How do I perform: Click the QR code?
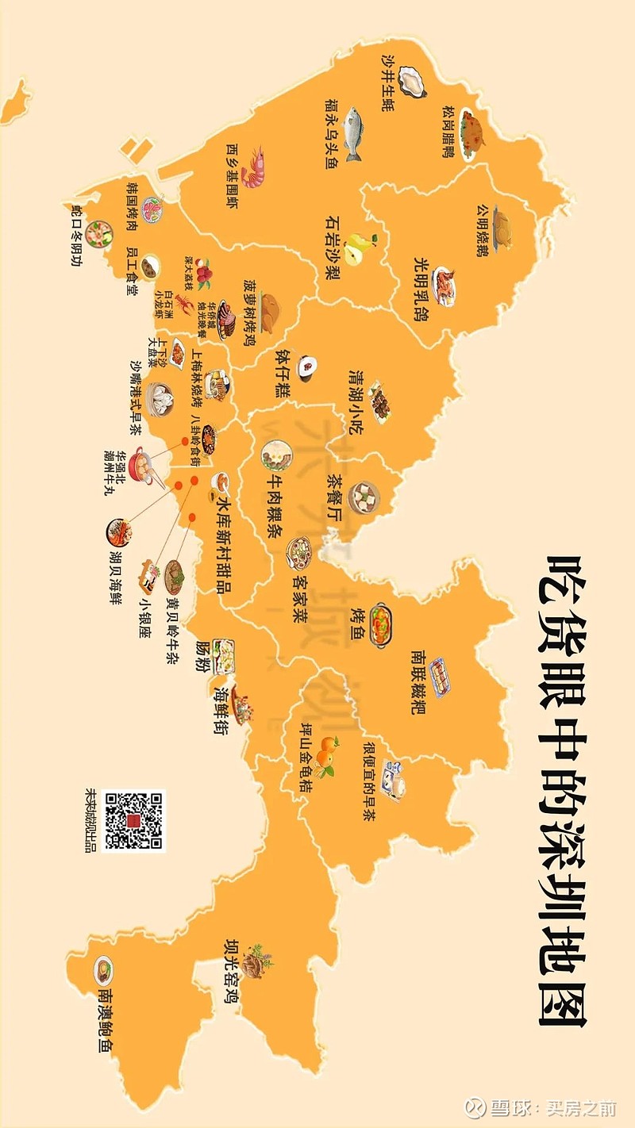click(x=134, y=821)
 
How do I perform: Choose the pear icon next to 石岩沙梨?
click(x=361, y=247)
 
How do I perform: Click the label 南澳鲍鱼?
click(x=104, y=1020)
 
